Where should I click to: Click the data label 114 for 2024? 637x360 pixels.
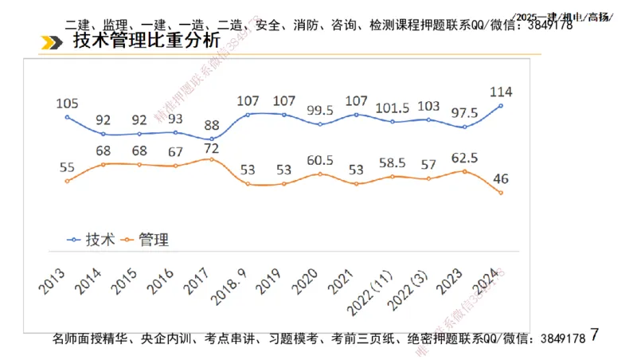[x=501, y=90]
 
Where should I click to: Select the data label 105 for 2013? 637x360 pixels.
[x=68, y=103]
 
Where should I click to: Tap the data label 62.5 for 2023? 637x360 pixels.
[x=465, y=156]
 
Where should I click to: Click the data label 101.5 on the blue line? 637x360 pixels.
[x=392, y=107]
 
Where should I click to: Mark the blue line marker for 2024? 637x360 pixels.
[x=501, y=105]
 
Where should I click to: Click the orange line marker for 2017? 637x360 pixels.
[x=211, y=159]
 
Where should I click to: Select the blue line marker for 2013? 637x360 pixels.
[x=68, y=117]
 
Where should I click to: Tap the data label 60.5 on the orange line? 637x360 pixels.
[x=319, y=158]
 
